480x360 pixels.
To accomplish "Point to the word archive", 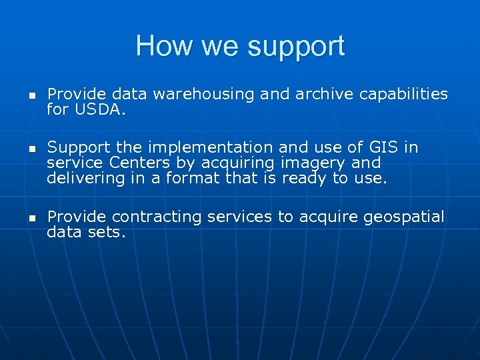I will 323,95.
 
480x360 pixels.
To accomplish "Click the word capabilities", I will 403,95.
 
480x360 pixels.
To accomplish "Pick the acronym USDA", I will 99,109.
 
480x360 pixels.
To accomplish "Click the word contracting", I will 157,217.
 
